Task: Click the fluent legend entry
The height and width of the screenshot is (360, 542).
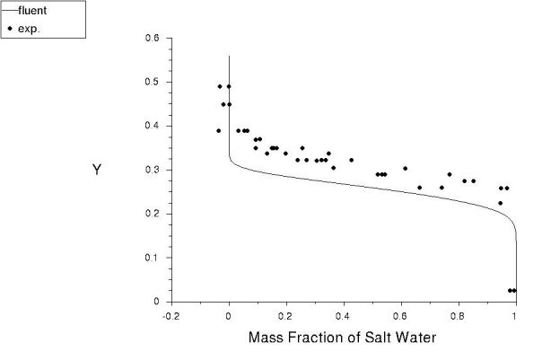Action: click(27, 11)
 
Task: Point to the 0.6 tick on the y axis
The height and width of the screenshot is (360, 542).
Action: click(152, 39)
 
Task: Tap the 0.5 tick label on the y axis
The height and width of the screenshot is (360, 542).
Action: click(152, 83)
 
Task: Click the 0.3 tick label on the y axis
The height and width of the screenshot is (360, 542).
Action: click(152, 170)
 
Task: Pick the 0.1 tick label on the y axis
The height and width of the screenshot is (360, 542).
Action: click(152, 258)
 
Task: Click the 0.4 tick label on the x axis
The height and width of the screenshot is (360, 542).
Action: click(343, 315)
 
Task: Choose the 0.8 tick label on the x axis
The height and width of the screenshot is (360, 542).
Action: click(458, 315)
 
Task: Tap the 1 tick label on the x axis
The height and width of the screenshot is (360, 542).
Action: click(515, 315)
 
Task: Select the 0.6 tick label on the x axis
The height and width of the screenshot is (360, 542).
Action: click(400, 315)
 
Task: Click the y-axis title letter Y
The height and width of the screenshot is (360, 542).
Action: click(98, 170)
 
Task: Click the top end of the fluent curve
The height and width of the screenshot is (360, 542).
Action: click(230, 56)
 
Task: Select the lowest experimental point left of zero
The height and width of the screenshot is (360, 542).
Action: click(218, 131)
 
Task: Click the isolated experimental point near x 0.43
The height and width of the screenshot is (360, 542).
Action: click(351, 160)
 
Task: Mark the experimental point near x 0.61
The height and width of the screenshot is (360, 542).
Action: click(405, 168)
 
